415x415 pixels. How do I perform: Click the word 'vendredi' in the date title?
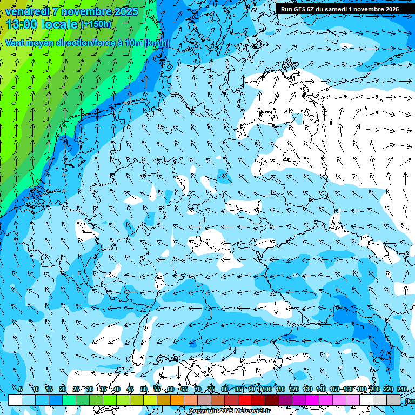coord(27,11)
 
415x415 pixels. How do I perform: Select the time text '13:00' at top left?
coord(22,24)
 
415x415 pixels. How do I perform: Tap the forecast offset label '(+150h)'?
coord(96,24)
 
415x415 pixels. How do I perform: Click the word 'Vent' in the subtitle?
coord(15,43)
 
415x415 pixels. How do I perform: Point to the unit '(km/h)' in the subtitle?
coord(157,43)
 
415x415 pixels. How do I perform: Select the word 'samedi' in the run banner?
coord(337,9)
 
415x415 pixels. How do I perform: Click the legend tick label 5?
coord(21,389)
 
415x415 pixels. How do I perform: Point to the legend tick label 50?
coord(144,389)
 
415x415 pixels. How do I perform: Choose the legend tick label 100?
coord(267,389)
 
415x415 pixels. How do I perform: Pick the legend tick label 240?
coord(402,389)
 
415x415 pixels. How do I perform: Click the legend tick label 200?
coord(375,389)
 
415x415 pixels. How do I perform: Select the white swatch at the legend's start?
coord(15,400)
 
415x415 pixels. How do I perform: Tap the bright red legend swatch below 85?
coord(245,400)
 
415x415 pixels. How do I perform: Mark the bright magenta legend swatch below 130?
coord(312,400)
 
